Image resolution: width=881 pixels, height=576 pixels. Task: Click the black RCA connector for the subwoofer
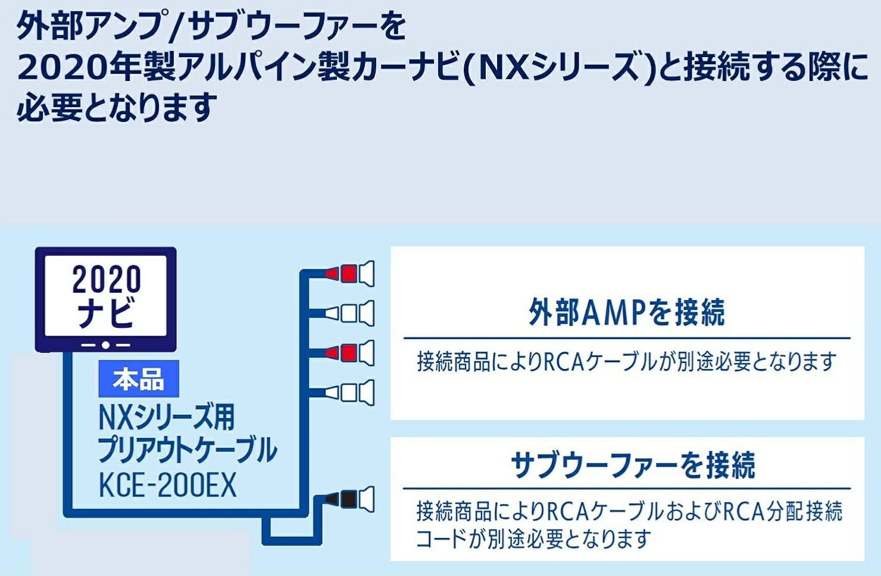[349, 499]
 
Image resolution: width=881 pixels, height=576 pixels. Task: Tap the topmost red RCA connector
[349, 274]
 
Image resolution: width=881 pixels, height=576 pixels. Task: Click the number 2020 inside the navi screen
[107, 279]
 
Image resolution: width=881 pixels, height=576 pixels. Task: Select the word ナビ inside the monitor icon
[107, 313]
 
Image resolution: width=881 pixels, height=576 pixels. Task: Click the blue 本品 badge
[138, 379]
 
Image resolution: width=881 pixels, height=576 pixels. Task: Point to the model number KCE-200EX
[167, 486]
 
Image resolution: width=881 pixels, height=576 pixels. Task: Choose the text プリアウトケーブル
[187, 450]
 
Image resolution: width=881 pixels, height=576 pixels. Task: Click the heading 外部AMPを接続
[626, 312]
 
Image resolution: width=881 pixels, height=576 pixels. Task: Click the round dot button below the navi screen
[105, 345]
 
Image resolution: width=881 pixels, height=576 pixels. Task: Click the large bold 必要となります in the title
[116, 108]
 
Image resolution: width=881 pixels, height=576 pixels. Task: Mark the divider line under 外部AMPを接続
[626, 338]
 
